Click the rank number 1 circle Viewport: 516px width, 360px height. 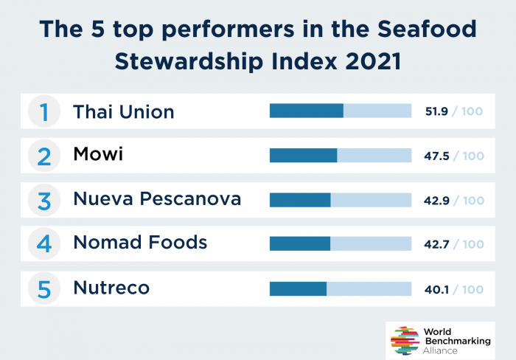coord(44,112)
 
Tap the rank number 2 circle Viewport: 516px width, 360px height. coord(44,156)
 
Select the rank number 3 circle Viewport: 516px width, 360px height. coord(44,200)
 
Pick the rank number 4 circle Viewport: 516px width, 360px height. coord(44,244)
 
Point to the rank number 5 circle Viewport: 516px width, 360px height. coord(44,288)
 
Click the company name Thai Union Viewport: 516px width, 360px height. coord(123,112)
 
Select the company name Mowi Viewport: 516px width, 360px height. coord(98,155)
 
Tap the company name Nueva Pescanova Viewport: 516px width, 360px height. coord(157,199)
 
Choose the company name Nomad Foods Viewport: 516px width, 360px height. coord(140,243)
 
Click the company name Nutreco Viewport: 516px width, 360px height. coord(111,288)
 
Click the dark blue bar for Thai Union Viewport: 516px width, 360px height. coord(306,111)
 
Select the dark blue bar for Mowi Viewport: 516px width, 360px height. coord(303,155)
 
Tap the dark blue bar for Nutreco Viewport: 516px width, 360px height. coord(298,288)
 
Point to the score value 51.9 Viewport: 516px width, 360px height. coord(436,112)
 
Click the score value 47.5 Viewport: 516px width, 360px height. coord(436,156)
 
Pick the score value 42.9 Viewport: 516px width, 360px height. coord(436,200)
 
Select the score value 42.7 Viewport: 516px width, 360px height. coord(436,244)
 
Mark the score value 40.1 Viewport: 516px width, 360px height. coord(436,288)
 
